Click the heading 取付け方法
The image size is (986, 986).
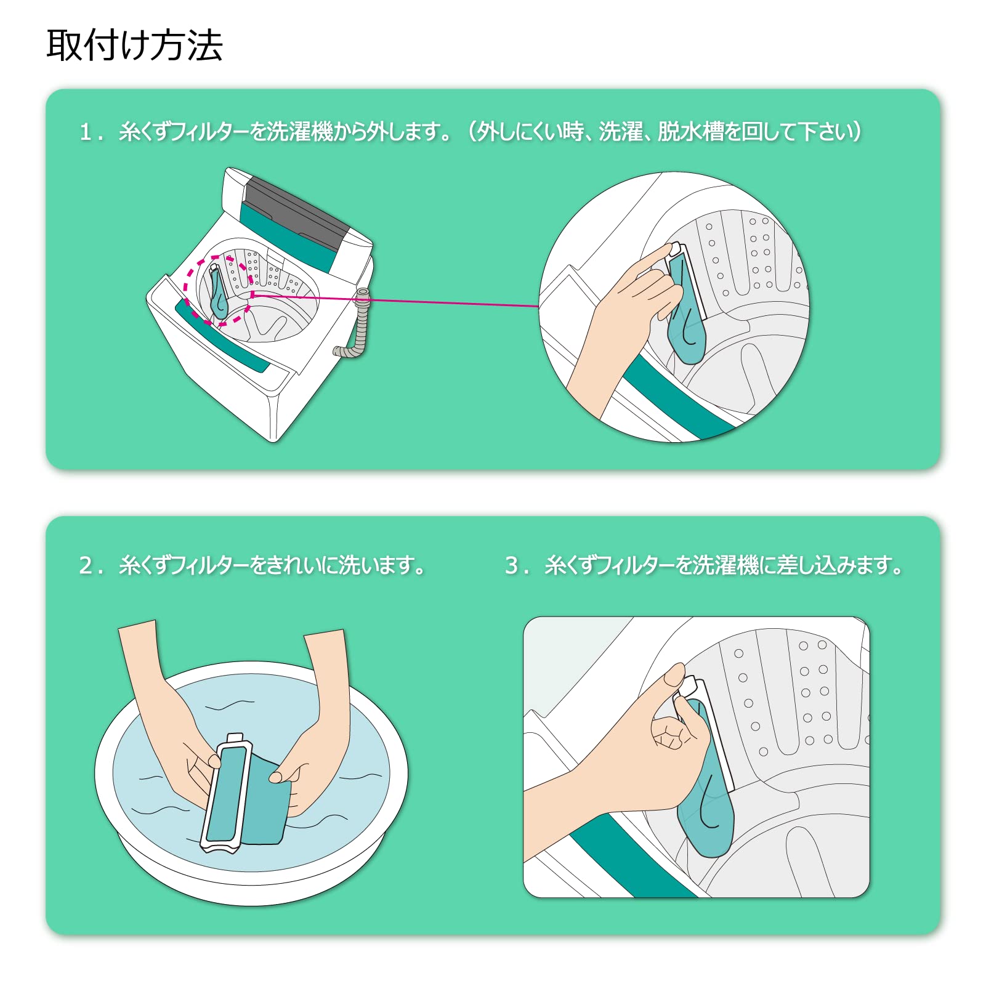pos(134,45)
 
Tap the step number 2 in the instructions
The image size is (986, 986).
pos(86,565)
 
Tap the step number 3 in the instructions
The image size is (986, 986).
pos(512,565)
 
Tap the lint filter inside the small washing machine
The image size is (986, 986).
pos(217,291)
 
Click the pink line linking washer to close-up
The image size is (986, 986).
pos(394,300)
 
